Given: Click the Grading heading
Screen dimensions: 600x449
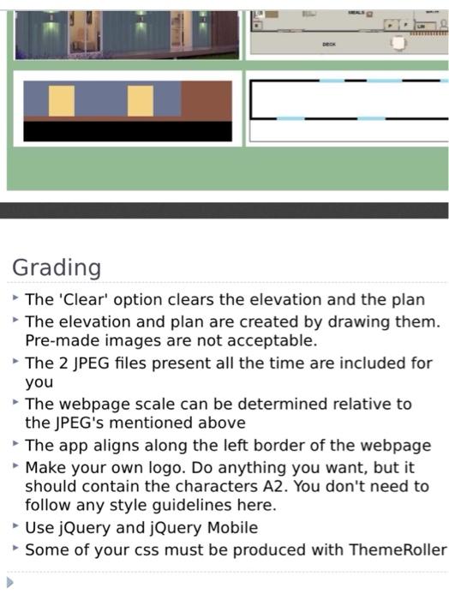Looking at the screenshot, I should (57, 268).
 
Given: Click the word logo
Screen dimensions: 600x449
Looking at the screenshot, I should (184, 468).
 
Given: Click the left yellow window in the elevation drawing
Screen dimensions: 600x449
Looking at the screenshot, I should (62, 101).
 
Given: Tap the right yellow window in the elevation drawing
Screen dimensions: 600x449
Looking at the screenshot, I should (141, 101).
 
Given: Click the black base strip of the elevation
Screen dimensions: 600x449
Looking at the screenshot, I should (128, 130).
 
